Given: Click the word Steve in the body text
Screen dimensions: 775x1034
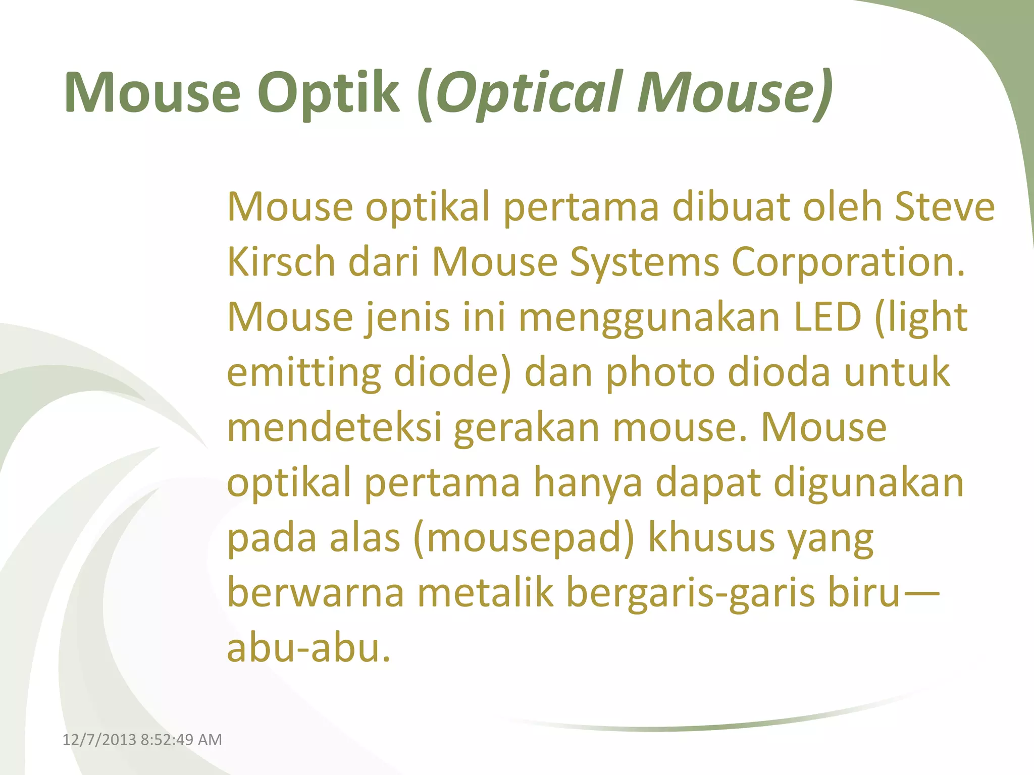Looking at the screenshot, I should [944, 207].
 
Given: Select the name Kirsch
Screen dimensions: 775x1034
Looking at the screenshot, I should [281, 262].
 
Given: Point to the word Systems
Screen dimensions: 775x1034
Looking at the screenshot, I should [644, 262].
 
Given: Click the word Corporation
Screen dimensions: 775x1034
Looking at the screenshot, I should [848, 262].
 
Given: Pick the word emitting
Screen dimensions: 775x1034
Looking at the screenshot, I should [303, 373].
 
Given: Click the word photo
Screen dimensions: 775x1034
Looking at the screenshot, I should [660, 373].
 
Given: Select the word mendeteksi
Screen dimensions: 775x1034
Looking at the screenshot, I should [334, 428].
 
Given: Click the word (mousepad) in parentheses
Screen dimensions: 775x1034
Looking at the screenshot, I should [524, 538].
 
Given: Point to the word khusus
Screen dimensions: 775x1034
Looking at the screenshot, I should [711, 538].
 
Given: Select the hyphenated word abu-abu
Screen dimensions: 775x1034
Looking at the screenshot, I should [308, 648].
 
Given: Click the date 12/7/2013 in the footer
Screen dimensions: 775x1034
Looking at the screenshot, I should [99, 740].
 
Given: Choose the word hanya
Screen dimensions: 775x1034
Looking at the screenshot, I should [588, 483].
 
